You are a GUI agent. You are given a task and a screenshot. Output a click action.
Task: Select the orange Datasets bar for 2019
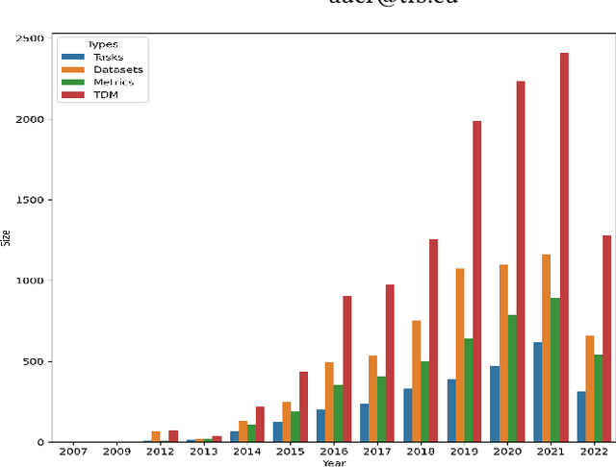click(x=460, y=356)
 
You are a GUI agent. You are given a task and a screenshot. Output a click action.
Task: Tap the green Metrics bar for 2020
click(x=511, y=379)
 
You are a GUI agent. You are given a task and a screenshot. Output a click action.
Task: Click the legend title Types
click(x=103, y=44)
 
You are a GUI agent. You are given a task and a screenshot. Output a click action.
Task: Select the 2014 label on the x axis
click(x=246, y=451)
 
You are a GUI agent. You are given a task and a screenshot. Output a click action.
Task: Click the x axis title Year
click(x=334, y=462)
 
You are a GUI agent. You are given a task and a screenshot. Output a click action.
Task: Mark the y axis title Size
click(x=6, y=240)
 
